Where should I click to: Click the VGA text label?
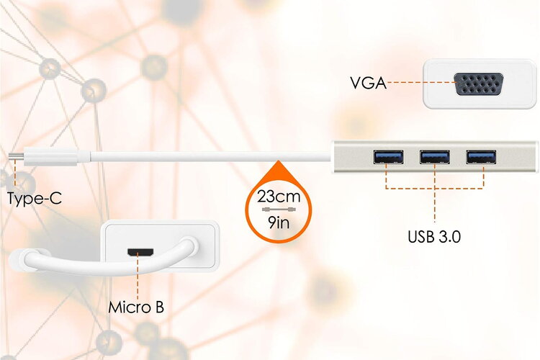click(x=368, y=83)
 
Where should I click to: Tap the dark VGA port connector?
click(x=478, y=84)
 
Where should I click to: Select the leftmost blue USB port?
click(x=389, y=157)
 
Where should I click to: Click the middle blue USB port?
click(x=435, y=157)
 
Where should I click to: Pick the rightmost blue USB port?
click(x=481, y=157)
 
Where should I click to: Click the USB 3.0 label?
click(x=434, y=237)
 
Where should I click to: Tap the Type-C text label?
click(x=35, y=199)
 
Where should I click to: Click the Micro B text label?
click(x=136, y=307)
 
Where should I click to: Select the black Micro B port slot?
click(x=140, y=252)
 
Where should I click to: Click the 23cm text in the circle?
click(x=279, y=197)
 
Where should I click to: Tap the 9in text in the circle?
click(x=279, y=223)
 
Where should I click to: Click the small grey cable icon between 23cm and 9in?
click(x=279, y=210)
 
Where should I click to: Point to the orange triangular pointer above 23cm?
click(x=278, y=170)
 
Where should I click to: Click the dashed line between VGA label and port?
click(x=421, y=82)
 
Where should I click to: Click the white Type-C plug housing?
click(x=50, y=157)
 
